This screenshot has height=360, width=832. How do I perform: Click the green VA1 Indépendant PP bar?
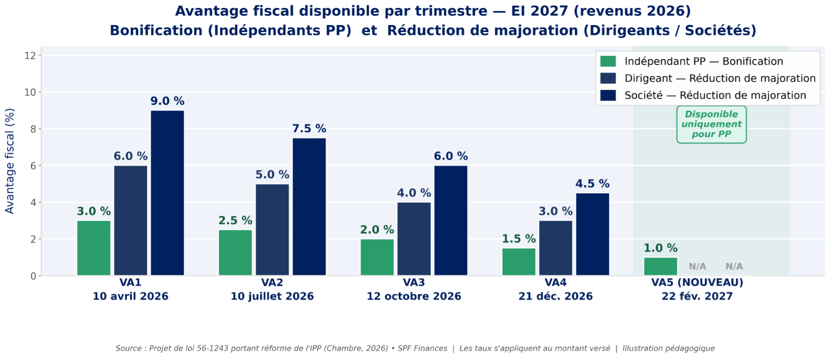[x=94, y=248]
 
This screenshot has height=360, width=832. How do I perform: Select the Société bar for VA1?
[x=167, y=193]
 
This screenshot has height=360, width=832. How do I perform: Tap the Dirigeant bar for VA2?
[x=272, y=230]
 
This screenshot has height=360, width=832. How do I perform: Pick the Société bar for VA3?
[x=451, y=220]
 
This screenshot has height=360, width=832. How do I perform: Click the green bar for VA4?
[x=519, y=262]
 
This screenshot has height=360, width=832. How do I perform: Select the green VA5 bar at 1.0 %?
[x=660, y=266]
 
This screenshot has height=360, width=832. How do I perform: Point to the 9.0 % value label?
[x=167, y=101]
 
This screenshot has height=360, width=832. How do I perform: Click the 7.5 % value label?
[x=309, y=129]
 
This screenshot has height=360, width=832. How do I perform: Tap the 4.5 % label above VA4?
[x=592, y=184]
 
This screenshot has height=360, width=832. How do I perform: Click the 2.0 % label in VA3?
[x=377, y=230]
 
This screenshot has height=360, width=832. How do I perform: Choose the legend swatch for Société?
[x=608, y=95]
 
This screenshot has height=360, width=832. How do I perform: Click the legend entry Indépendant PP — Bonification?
[x=703, y=61]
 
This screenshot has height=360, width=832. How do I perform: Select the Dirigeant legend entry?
[x=720, y=79]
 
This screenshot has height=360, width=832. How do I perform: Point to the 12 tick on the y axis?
[x=30, y=56]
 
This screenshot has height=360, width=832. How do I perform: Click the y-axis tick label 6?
[x=33, y=166]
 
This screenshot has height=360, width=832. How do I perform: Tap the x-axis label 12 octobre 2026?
[x=414, y=296]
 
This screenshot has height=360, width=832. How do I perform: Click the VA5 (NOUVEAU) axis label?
[x=697, y=282]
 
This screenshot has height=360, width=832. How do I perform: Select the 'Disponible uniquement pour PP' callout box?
[x=711, y=124]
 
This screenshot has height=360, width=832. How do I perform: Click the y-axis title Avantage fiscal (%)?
[x=10, y=161]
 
